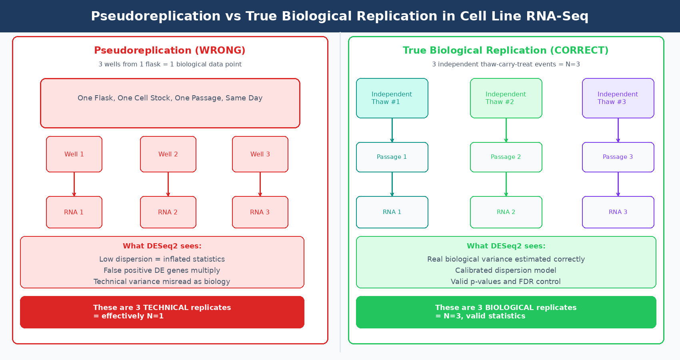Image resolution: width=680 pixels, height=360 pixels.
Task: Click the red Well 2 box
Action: pos(168,154)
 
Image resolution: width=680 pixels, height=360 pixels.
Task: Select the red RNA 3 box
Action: pos(260,212)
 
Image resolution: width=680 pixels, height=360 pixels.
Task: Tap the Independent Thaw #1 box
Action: pos(392,98)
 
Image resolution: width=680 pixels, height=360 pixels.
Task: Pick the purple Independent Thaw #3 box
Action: pos(618,98)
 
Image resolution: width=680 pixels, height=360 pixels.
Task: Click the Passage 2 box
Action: pos(506,157)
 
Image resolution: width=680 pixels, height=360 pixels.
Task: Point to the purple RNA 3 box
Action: pos(618,212)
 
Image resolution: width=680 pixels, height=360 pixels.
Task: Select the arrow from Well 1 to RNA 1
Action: pos(74,184)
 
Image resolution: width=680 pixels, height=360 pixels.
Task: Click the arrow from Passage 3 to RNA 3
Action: pos(618,184)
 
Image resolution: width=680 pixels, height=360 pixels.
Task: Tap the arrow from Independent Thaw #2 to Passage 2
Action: pos(506,130)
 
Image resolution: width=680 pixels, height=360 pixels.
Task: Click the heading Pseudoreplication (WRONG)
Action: pos(170,50)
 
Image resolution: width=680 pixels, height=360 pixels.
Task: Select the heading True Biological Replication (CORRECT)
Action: pos(506,50)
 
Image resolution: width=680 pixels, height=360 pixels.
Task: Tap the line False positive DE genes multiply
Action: pos(162,270)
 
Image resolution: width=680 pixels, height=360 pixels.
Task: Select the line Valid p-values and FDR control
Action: pos(506,282)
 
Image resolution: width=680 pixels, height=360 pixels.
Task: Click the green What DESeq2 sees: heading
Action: pos(506,246)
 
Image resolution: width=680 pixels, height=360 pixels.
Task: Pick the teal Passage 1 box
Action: pos(392,157)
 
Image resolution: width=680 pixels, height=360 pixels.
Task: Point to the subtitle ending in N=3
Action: pos(506,64)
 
